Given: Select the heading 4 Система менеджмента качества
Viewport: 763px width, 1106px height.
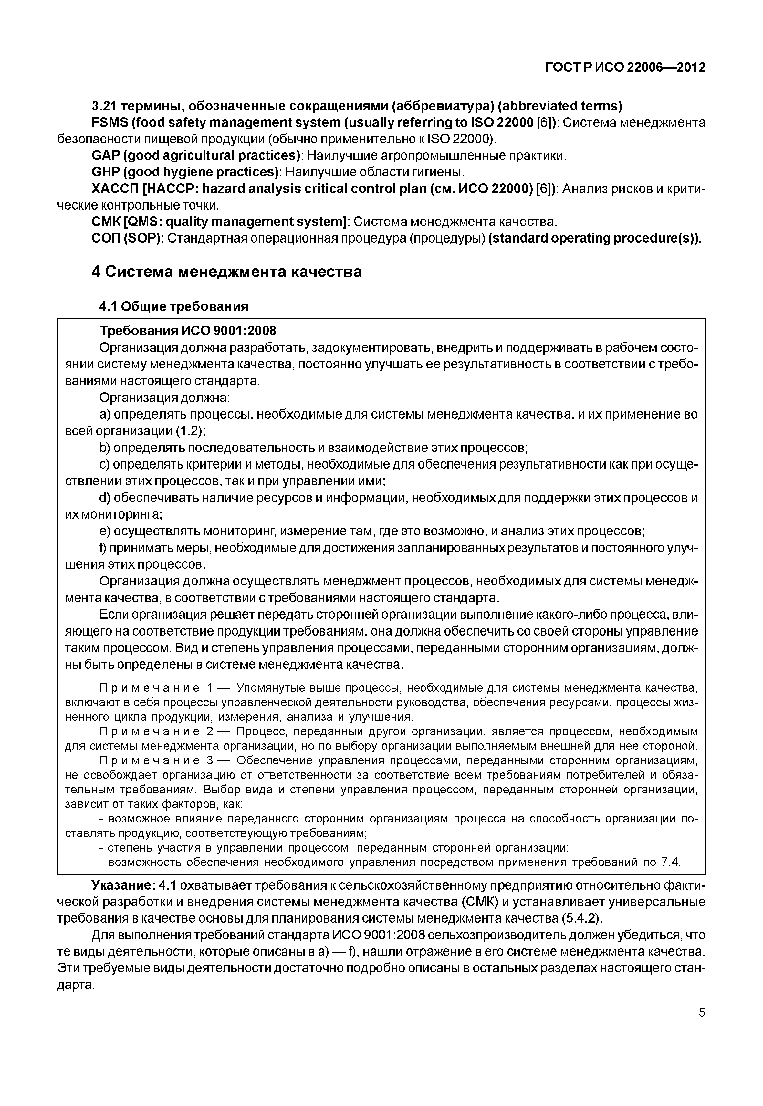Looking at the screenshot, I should (226, 272).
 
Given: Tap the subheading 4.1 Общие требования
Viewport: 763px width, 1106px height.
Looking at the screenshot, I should (173, 306).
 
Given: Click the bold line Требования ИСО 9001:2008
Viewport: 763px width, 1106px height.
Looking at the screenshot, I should (187, 331).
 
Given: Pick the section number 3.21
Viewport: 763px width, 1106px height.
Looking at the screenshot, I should (103, 106).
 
